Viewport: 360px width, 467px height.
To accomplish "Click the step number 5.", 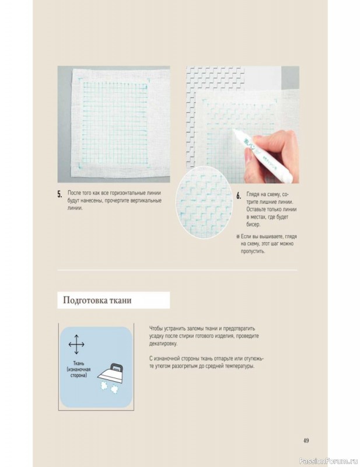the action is coord(60,194).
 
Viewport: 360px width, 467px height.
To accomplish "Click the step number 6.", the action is coord(239,196).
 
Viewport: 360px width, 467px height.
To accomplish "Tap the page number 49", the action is coord(306,441).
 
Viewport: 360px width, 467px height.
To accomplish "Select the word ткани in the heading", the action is coord(120,300).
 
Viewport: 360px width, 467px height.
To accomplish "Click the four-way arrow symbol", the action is coord(76,344).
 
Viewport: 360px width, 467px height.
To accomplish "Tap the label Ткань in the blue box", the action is coord(79,363).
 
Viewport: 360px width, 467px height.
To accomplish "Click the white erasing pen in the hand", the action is coord(263,155).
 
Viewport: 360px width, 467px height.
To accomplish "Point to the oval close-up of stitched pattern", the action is coord(204,202).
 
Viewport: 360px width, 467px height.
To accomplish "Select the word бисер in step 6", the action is coord(253,224).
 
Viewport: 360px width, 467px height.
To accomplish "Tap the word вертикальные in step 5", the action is coord(146,200).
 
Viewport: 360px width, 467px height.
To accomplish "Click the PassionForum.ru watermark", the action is coord(328,461).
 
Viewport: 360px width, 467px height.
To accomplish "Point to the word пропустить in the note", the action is coord(253,251).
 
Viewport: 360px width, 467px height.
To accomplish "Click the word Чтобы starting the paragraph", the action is coord(156,329).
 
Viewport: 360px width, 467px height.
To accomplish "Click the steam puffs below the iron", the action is coord(109,388).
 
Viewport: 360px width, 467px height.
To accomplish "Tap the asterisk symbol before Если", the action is coord(238,236).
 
